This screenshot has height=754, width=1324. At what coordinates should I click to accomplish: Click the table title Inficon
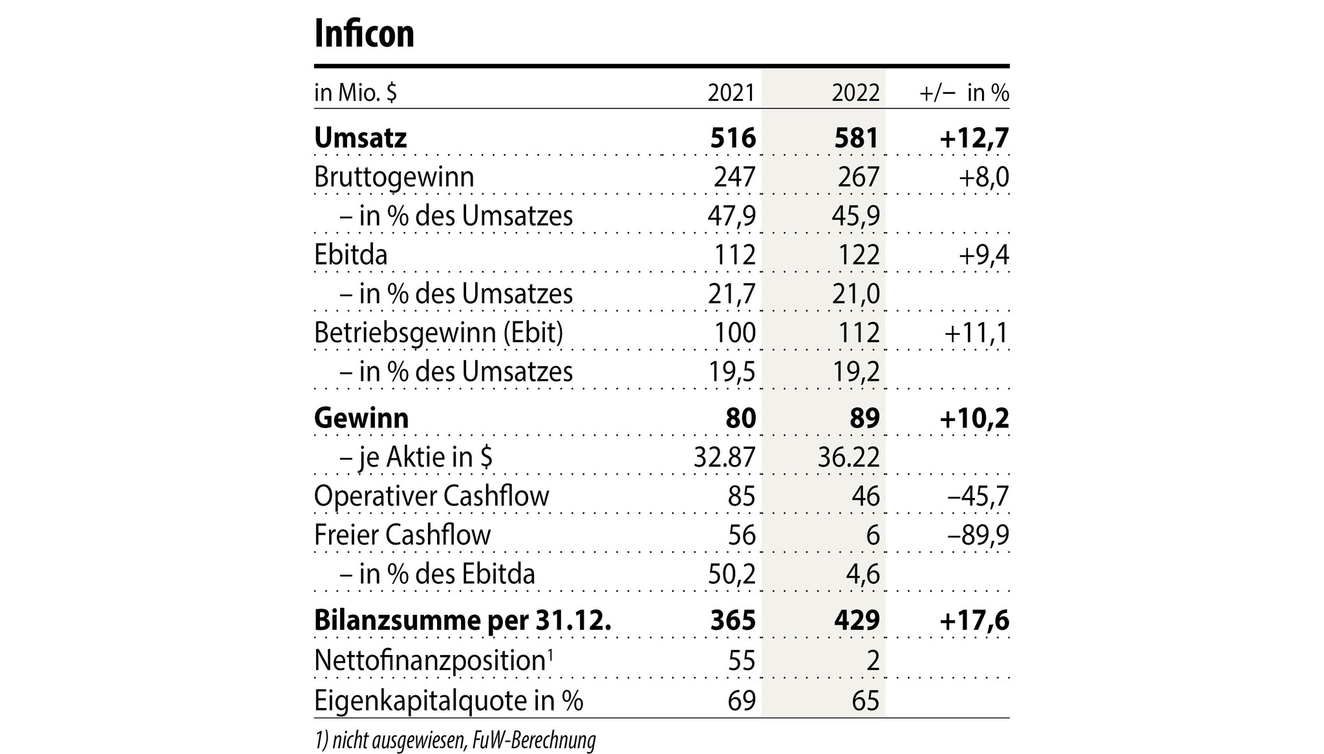pyautogui.click(x=364, y=34)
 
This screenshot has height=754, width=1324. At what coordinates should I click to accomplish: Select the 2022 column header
pyautogui.click(x=855, y=93)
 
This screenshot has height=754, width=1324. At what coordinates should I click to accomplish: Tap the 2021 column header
pyautogui.click(x=731, y=93)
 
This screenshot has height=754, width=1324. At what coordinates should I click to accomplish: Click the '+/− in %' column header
pyautogui.click(x=964, y=93)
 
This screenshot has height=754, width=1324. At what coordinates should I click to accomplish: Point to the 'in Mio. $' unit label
pyautogui.click(x=355, y=93)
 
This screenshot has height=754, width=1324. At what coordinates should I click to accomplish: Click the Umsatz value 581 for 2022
pyautogui.click(x=857, y=138)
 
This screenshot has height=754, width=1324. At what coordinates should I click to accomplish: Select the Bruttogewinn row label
pyautogui.click(x=394, y=177)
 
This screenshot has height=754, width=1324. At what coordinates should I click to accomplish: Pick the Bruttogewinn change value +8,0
pyautogui.click(x=984, y=177)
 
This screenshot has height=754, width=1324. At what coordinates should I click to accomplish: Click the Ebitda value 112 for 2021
pyautogui.click(x=735, y=255)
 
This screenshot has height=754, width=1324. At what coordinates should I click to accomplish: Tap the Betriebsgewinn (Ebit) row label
pyautogui.click(x=438, y=333)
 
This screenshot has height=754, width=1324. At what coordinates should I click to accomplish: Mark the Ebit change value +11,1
pyautogui.click(x=977, y=333)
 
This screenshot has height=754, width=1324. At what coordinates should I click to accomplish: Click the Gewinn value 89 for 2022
pyautogui.click(x=865, y=418)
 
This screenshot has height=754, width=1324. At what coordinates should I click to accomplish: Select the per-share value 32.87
pyautogui.click(x=724, y=458)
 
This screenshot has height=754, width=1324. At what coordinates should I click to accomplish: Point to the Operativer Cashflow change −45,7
pyautogui.click(x=977, y=497)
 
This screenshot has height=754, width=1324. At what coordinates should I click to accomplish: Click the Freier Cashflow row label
pyautogui.click(x=402, y=535)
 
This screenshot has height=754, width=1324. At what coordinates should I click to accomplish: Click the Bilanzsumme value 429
pyautogui.click(x=857, y=620)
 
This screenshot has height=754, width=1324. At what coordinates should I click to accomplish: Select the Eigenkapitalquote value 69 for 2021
pyautogui.click(x=741, y=700)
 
